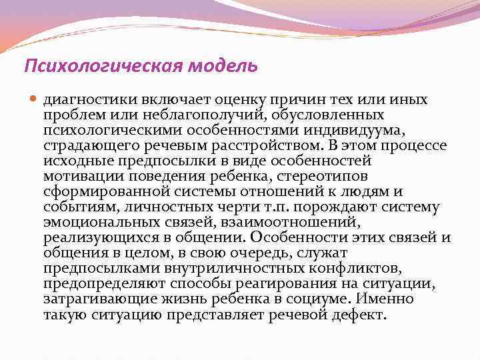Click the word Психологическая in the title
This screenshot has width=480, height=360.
point(91,67)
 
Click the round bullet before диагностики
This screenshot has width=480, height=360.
point(34,99)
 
